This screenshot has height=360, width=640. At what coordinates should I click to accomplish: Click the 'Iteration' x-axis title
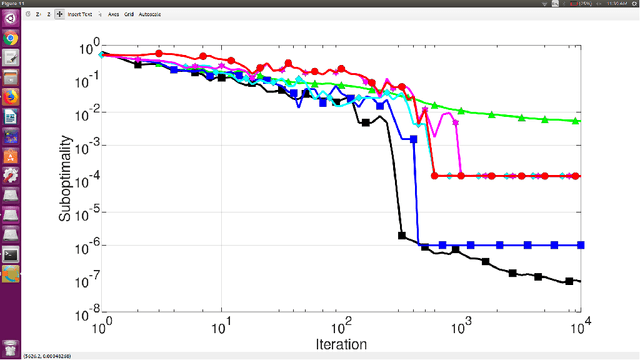(x=340, y=343)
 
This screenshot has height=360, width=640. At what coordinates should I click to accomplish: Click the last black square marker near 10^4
(x=569, y=281)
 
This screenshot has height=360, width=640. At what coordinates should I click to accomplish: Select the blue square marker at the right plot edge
(x=580, y=245)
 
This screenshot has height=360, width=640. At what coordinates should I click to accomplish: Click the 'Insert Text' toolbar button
(x=82, y=15)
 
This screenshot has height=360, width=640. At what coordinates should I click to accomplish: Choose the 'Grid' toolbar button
(x=129, y=15)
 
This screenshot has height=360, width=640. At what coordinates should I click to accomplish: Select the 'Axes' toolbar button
(x=112, y=15)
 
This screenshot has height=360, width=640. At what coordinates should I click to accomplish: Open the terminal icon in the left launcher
(x=11, y=254)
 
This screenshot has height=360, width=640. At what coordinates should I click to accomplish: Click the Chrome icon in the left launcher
(x=11, y=37)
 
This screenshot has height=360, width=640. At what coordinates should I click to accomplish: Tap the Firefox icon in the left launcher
(x=11, y=97)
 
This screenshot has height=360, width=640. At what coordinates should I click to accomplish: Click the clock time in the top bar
(x=614, y=4)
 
